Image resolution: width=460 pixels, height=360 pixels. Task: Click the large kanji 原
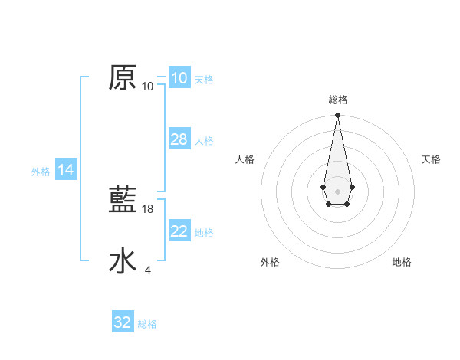(123, 78)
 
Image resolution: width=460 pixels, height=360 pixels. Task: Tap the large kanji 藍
(123, 201)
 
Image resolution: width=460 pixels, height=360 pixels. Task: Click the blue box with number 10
(179, 78)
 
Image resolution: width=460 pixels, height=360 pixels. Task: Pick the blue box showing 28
(179, 139)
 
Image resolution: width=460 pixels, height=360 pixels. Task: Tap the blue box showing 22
(179, 231)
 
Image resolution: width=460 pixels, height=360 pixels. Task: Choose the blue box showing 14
(66, 171)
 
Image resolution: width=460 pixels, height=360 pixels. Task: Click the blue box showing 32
(123, 322)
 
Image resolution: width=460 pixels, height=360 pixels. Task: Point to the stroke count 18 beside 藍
(149, 208)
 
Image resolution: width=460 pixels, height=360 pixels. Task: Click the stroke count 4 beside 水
(148, 270)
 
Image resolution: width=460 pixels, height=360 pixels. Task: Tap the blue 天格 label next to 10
(204, 80)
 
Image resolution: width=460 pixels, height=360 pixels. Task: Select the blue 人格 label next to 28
(204, 141)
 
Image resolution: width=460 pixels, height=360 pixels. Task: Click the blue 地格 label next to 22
(204, 233)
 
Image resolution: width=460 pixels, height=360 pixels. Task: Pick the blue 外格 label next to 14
(41, 172)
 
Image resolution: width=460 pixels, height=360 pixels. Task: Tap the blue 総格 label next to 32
(147, 324)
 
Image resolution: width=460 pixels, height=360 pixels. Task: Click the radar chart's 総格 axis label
(337, 100)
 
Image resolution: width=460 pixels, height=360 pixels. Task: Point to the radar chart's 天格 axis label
(431, 159)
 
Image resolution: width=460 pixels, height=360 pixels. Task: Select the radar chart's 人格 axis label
(245, 159)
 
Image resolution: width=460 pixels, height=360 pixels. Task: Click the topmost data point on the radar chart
(337, 116)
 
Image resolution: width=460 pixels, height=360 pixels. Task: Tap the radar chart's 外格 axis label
(270, 262)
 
